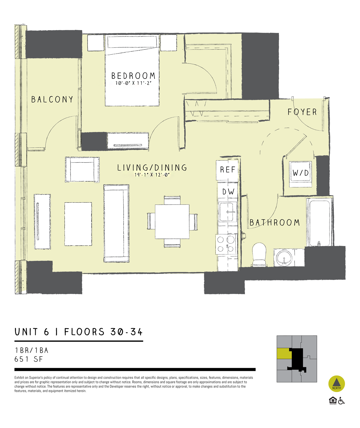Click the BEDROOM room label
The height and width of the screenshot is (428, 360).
[133, 76]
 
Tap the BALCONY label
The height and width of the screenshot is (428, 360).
[52, 99]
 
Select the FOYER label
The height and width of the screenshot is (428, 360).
[302, 112]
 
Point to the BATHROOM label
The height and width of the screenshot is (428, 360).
[274, 222]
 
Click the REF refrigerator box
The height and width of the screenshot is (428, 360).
[227, 170]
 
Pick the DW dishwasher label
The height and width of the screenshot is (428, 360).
[228, 192]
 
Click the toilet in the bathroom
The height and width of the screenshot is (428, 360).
[259, 254]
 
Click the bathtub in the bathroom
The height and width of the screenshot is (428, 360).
[319, 223]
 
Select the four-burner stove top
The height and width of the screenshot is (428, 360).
[226, 244]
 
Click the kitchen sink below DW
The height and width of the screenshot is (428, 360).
[228, 212]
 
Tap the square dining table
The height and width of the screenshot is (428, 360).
[172, 221]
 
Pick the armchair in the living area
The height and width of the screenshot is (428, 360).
[82, 169]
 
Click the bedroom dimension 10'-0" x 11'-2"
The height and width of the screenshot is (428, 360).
[133, 83]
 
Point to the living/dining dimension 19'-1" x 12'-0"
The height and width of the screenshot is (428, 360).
[152, 175]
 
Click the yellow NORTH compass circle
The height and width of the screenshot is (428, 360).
[337, 384]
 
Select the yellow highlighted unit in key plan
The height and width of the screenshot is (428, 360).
[283, 354]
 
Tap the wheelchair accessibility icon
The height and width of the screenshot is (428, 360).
[341, 401]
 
